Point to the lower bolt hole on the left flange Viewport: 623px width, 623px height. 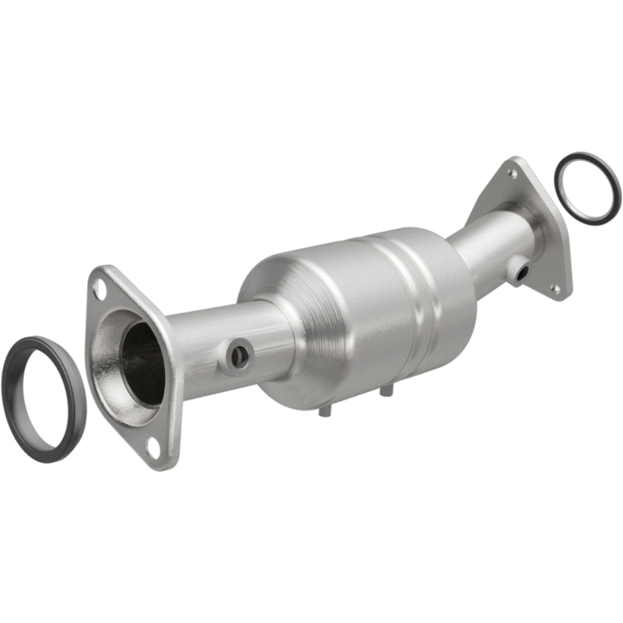pos(151,447)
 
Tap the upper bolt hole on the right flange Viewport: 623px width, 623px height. pos(512,169)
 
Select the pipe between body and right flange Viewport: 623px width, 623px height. pos(486,243)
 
